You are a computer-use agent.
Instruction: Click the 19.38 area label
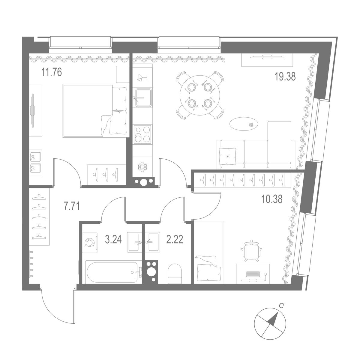pyautogui.click(x=285, y=77)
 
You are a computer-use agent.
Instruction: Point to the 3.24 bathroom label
pyautogui.click(x=113, y=240)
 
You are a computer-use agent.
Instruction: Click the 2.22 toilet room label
pyautogui.click(x=174, y=240)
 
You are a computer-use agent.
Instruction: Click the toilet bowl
pyautogui.click(x=174, y=272)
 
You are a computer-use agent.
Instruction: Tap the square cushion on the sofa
pyautogui.click(x=227, y=156)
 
